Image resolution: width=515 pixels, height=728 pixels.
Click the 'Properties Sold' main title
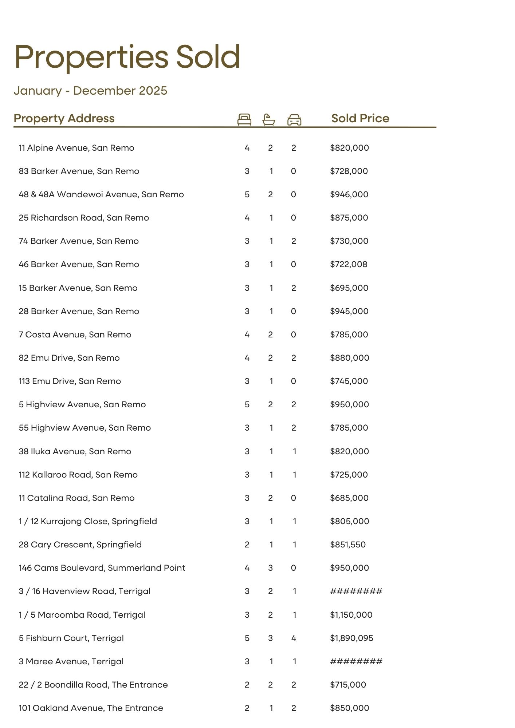[x=127, y=57]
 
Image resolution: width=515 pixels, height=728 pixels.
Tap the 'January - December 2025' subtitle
[x=90, y=91]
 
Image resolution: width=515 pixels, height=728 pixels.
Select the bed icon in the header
[x=244, y=119]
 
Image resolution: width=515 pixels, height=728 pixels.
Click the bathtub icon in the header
[x=269, y=119]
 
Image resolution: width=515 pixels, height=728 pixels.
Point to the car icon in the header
[x=294, y=119]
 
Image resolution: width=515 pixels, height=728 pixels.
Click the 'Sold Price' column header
[x=360, y=118]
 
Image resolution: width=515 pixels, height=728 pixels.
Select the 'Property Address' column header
[x=64, y=118]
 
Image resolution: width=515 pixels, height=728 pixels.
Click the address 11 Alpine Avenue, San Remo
[x=76, y=148]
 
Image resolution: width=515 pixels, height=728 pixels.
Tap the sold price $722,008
[x=349, y=264]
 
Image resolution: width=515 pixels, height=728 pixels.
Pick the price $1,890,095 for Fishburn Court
[x=351, y=638]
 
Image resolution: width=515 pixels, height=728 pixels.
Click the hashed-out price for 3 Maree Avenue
[x=356, y=661]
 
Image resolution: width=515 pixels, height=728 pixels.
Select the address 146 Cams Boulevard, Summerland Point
[x=102, y=568]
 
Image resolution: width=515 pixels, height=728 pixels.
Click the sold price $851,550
[x=348, y=545]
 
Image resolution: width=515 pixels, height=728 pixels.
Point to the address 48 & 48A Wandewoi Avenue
[x=101, y=194]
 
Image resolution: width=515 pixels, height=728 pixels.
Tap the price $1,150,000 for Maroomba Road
[x=351, y=615]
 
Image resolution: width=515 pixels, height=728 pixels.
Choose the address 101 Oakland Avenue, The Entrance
[x=91, y=708]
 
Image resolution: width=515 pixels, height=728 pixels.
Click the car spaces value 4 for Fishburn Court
[x=294, y=638]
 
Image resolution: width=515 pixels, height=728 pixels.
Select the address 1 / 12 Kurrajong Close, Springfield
[x=88, y=521]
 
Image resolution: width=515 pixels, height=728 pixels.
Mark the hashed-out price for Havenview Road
[x=356, y=591]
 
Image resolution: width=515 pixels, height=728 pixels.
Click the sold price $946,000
[x=349, y=194]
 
